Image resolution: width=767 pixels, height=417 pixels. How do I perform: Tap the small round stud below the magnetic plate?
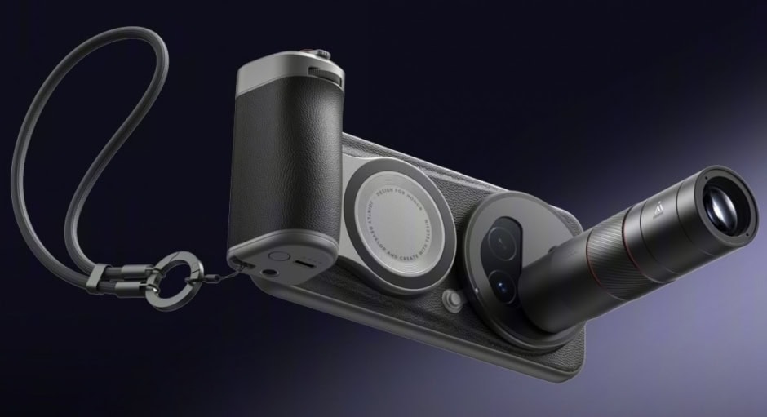(x=450, y=302)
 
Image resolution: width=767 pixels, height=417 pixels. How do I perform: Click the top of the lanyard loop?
(x=122, y=33)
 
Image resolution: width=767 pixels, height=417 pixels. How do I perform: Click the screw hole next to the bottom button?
(x=247, y=265)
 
